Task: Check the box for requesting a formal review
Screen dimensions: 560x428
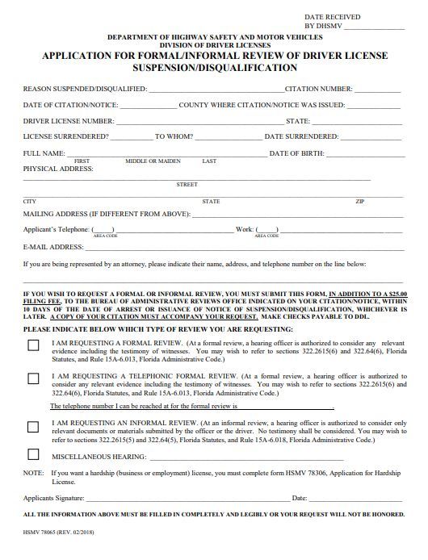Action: (33, 345)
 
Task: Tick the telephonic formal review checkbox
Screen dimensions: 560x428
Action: (33, 378)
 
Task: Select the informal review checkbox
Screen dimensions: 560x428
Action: (33, 426)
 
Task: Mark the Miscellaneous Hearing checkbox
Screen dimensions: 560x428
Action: (33, 454)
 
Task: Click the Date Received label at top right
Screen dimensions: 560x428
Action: (333, 17)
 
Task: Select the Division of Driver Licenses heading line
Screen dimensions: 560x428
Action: (214, 45)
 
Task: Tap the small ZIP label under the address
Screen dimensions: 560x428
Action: (359, 201)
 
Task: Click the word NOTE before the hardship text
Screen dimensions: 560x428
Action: (33, 472)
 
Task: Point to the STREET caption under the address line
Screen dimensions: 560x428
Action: (187, 185)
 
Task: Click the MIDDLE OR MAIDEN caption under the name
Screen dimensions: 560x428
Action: (153, 161)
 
